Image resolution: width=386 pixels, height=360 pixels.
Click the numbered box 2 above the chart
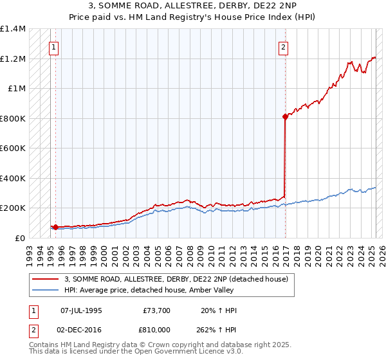(283, 46)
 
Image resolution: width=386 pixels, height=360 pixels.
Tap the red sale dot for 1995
(56, 227)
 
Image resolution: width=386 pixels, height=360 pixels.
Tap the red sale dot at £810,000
(284, 117)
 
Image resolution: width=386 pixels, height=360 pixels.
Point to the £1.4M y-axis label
(14, 29)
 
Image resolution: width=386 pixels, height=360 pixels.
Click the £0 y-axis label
(19, 238)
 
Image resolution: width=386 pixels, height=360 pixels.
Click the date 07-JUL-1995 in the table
(81, 310)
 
